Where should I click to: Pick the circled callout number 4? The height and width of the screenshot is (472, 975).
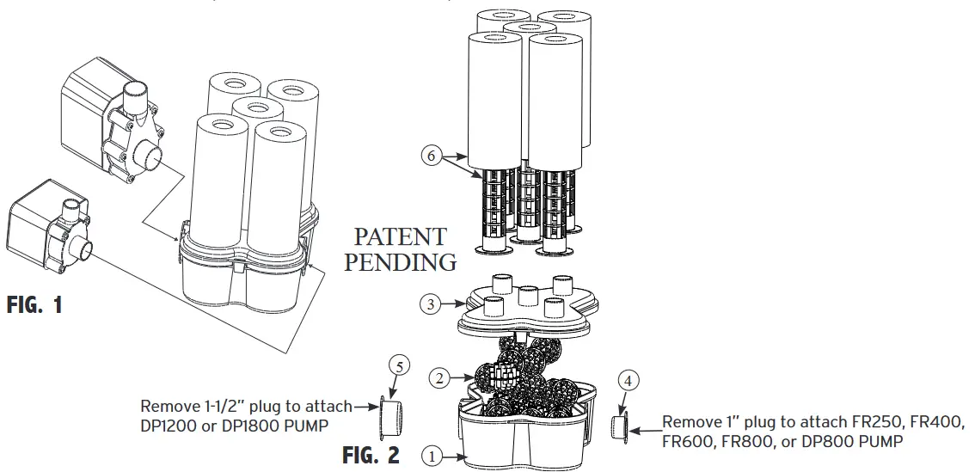pyautogui.click(x=629, y=380)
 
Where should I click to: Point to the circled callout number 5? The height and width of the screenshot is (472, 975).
pyautogui.click(x=397, y=365)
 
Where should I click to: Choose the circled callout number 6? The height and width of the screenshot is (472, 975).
pyautogui.click(x=432, y=156)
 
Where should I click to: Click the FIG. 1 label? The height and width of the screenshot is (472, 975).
pyautogui.click(x=34, y=305)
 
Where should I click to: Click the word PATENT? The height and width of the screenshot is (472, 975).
pyautogui.click(x=401, y=237)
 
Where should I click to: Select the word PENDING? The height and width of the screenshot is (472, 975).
pyautogui.click(x=401, y=262)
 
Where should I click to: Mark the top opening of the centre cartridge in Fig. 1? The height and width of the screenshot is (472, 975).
pyautogui.click(x=257, y=109)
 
